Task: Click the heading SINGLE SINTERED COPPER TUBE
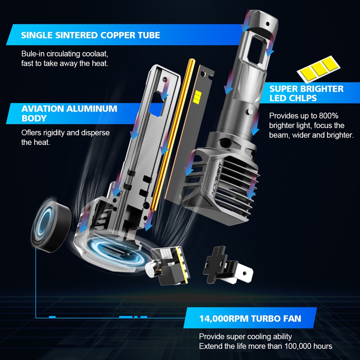pos(90,35)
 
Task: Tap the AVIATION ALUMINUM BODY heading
pos(69,113)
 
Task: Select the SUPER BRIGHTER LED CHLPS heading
pos(306,94)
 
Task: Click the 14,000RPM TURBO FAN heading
pos(250,319)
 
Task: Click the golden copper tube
pos(174,135)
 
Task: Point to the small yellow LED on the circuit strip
pos(198,96)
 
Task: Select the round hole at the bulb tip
pos(267,24)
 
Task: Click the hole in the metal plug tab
pos(244,274)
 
